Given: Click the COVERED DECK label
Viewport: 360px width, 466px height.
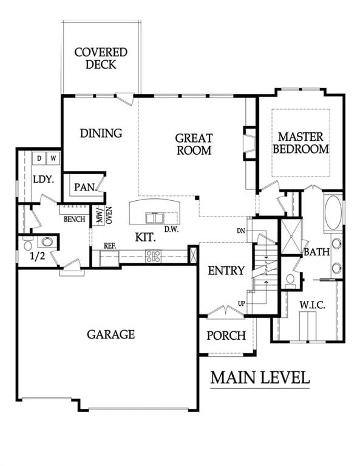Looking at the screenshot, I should click(101, 59).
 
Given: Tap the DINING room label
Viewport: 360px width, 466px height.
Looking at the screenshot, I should click(101, 133).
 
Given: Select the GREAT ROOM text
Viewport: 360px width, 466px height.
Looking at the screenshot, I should click(193, 144).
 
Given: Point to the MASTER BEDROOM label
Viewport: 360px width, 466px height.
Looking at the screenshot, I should click(301, 143).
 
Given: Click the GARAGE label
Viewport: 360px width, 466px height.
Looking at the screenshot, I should click(110, 334).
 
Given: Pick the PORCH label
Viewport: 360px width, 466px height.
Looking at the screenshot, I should click(226, 336).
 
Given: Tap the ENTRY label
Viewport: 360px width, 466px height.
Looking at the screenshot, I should click(226, 271).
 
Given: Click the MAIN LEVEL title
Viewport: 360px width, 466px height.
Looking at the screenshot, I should click(260, 377).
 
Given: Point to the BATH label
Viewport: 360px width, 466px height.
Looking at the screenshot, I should click(316, 251).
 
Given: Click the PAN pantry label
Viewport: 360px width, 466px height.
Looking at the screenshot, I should click(85, 187).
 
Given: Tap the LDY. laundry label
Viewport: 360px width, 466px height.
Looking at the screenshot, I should click(44, 180).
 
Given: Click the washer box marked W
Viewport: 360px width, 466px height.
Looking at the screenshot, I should click(53, 159).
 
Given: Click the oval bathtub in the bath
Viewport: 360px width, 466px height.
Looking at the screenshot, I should click(333, 213).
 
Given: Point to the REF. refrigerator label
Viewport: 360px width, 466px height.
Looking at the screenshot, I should click(110, 246).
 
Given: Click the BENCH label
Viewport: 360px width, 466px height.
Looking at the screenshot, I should click(73, 218).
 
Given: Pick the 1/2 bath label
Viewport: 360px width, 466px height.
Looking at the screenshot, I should click(38, 257).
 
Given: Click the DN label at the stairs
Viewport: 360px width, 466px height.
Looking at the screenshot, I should click(241, 231).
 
